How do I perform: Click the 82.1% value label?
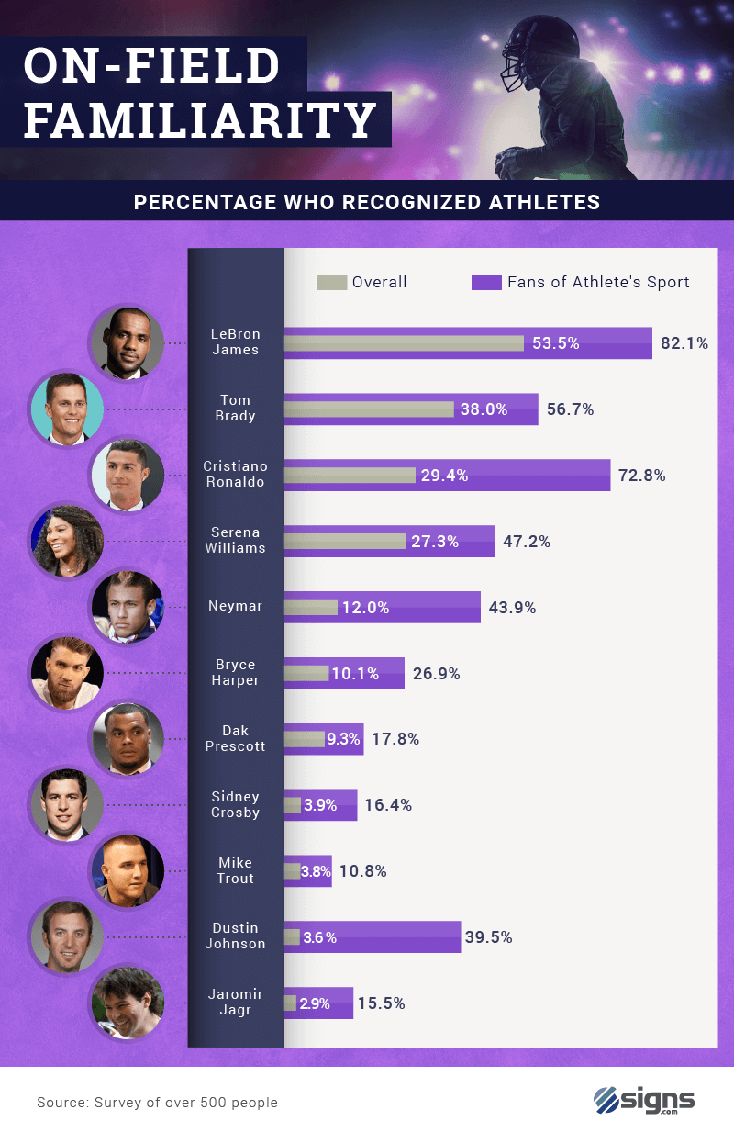click(x=684, y=343)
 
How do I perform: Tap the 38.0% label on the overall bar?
click(x=484, y=409)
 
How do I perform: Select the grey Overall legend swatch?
click(x=331, y=282)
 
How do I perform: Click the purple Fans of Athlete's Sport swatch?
click(x=486, y=282)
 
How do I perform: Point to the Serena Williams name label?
click(x=236, y=540)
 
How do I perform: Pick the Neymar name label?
click(x=236, y=606)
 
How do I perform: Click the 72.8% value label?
click(x=641, y=476)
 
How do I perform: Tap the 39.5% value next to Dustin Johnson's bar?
click(x=488, y=937)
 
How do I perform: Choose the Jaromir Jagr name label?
click(x=236, y=1003)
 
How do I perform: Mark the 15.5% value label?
click(x=381, y=1003)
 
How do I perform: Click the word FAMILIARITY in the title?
click(x=200, y=119)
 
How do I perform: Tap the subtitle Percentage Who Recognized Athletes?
click(x=367, y=202)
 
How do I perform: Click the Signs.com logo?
click(x=644, y=1100)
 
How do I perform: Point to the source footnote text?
click(x=157, y=1102)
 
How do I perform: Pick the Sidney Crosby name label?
click(x=236, y=804)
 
